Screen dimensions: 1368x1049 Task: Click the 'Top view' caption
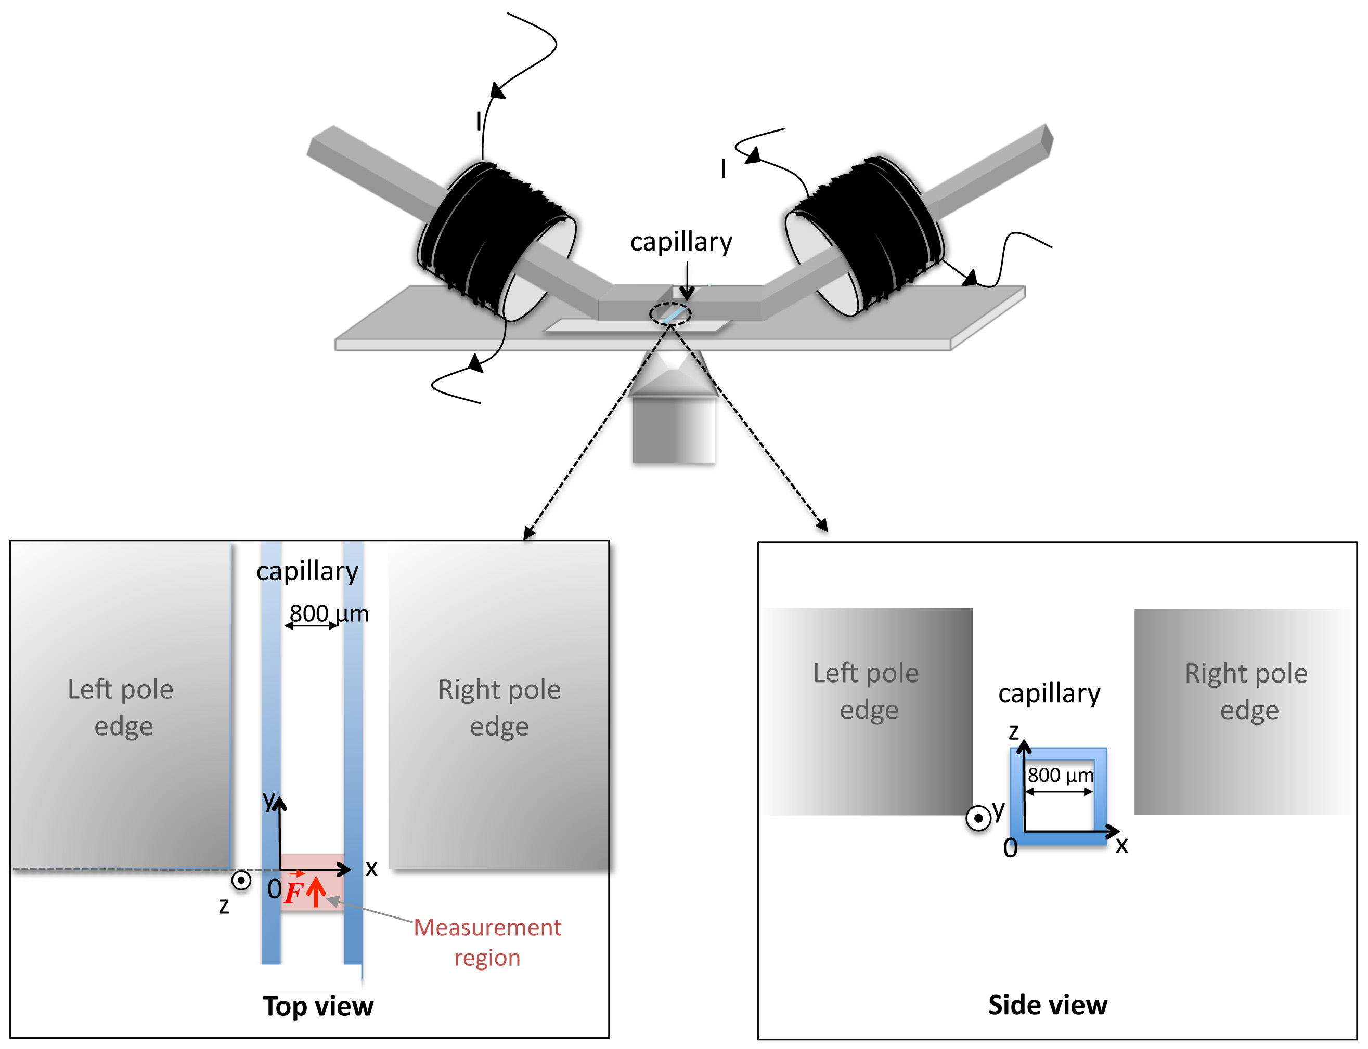pos(318,1006)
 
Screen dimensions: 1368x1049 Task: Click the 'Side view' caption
pos(1048,1005)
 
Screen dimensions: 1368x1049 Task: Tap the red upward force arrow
pos(316,891)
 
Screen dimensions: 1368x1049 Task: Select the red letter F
pos(293,891)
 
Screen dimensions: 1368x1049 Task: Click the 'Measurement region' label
pos(487,943)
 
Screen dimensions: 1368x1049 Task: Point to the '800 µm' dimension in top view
pos(329,613)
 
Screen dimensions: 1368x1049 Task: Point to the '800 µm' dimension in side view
pos(1061,776)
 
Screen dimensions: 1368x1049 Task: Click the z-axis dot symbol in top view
pos(241,881)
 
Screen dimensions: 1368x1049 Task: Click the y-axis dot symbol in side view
pos(978,818)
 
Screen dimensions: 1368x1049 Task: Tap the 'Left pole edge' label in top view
pos(121,708)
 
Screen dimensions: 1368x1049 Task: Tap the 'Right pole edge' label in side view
pos(1247,692)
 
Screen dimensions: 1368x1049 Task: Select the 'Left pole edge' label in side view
pos(867,691)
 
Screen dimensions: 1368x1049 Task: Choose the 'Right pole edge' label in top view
pos(500,708)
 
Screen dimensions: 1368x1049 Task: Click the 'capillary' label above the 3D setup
pos(681,242)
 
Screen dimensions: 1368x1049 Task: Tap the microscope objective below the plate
pos(673,406)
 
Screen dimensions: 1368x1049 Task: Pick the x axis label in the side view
pos(1122,845)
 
